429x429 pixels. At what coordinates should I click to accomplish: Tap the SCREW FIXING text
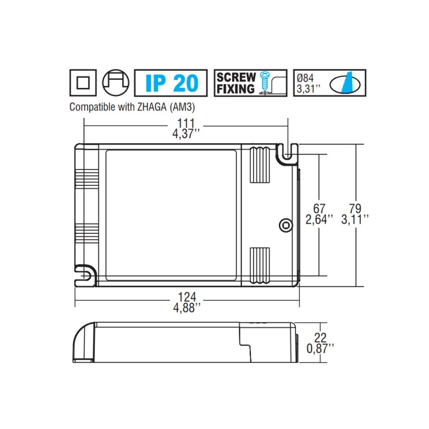(235, 83)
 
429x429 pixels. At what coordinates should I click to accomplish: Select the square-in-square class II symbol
(83, 83)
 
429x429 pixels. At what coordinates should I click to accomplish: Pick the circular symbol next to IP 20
(116, 83)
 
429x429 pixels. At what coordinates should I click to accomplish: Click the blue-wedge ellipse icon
(344, 83)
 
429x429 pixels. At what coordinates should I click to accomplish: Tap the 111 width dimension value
(186, 123)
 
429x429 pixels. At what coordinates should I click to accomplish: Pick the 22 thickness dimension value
(320, 338)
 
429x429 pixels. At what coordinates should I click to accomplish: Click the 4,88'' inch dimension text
(186, 307)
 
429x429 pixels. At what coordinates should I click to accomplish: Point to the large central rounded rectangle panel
(172, 214)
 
